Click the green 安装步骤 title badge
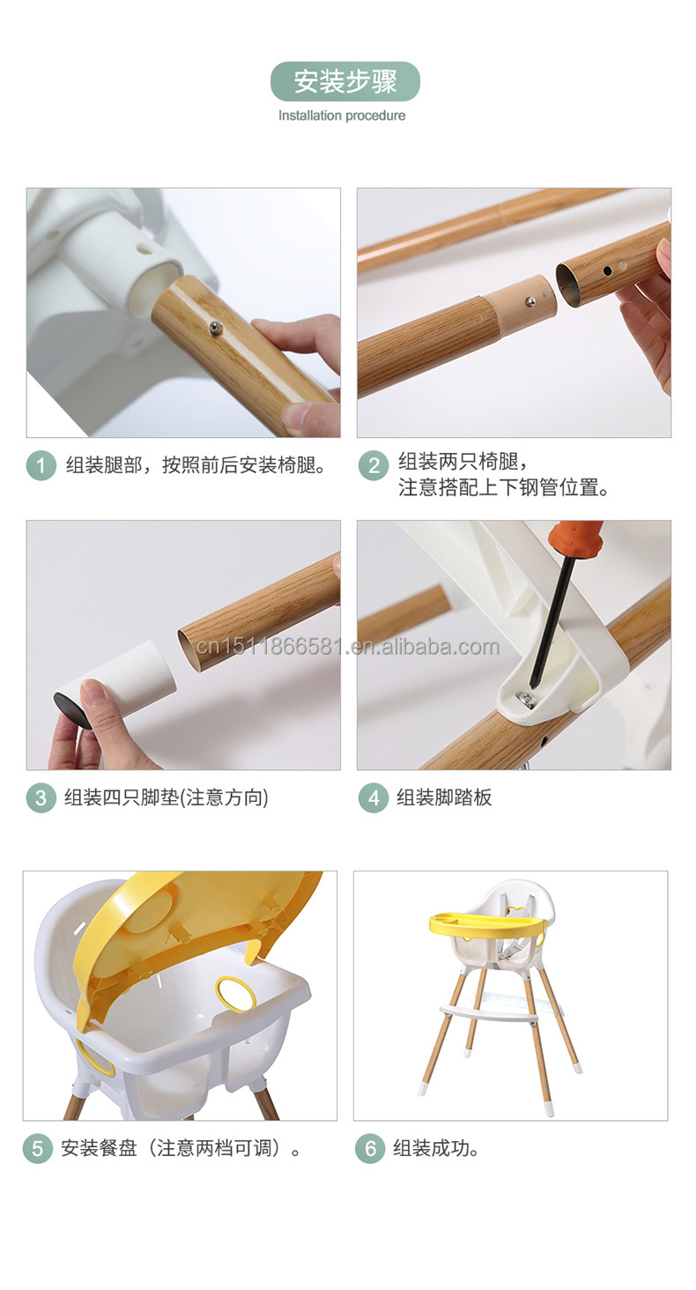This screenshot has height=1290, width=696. coord(344,82)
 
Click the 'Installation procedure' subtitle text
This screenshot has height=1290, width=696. coord(342,115)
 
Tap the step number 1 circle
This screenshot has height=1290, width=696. coord(41,465)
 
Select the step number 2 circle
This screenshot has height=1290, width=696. coord(373,465)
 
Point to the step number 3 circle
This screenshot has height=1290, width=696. coord(41,797)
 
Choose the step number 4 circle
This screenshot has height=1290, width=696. coord(373,797)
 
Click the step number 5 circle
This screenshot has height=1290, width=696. coord(37,1149)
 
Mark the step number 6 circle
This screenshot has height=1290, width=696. coord(370,1149)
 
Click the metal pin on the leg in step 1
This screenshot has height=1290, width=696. coord(214,329)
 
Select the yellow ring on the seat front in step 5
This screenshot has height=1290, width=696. coord(236,995)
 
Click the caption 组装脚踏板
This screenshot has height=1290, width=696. coord(444,797)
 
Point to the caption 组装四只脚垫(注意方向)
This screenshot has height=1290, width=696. coord(166,797)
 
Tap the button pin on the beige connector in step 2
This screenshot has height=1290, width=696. coord(530,301)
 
